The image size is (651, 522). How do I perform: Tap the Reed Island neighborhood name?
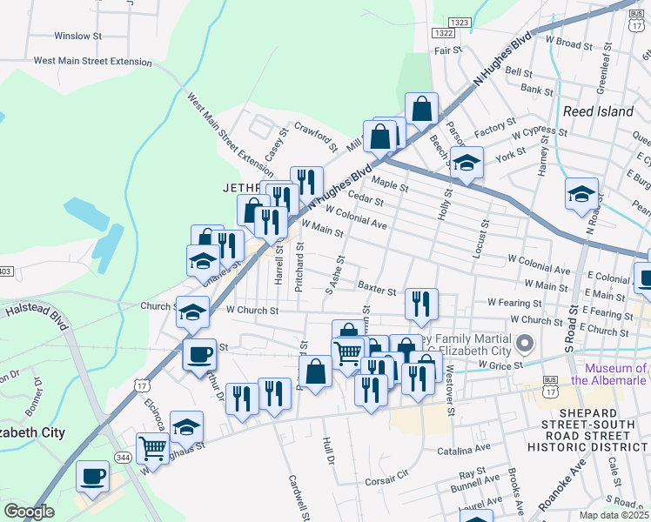[598, 111]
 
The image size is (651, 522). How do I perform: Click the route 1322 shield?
[442, 32]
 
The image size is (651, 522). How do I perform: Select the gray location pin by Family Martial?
[524, 345]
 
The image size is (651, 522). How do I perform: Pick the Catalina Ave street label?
[464, 450]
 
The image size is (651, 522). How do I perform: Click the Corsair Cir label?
[386, 479]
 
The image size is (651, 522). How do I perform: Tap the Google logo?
[30, 511]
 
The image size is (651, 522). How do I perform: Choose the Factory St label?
[496, 130]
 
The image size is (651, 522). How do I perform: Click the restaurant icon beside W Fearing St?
[421, 304]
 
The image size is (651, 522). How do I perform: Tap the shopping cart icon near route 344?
[153, 449]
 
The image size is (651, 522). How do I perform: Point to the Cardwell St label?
[298, 497]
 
